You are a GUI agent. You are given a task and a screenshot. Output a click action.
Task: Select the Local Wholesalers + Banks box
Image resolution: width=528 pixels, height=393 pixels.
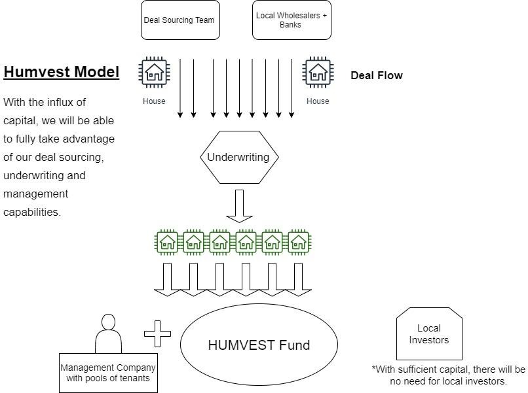tap(292, 20)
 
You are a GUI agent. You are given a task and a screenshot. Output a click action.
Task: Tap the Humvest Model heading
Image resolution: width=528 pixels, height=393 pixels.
tap(62, 72)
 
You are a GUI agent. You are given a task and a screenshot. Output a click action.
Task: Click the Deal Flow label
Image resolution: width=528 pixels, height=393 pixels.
tap(377, 75)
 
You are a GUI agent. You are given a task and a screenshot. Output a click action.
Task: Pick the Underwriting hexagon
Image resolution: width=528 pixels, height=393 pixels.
tap(238, 157)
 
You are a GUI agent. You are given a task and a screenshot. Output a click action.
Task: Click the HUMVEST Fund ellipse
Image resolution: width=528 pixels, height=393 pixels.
tap(259, 345)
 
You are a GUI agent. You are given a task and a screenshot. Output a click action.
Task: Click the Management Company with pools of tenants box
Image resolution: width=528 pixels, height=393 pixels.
tap(108, 373)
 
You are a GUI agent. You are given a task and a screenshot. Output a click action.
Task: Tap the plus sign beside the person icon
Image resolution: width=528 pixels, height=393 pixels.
tap(157, 333)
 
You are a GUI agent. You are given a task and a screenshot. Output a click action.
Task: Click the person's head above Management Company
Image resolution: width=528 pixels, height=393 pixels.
tap(108, 322)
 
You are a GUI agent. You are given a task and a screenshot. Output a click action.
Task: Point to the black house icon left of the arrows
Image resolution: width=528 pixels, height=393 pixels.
tap(154, 72)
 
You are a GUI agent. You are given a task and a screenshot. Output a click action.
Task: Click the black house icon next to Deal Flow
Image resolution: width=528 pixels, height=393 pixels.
tap(318, 72)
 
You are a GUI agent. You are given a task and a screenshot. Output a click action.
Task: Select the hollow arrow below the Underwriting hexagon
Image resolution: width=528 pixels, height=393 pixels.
tap(239, 205)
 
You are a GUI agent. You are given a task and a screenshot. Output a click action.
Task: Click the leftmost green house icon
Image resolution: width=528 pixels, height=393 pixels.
tap(167, 242)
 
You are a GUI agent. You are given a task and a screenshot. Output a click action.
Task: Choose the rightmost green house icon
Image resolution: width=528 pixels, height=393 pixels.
tap(299, 242)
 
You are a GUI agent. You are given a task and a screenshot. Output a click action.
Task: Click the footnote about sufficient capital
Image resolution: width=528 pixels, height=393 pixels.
tap(449, 375)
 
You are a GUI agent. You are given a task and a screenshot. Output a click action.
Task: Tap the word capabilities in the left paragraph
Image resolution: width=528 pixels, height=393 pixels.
tap(32, 213)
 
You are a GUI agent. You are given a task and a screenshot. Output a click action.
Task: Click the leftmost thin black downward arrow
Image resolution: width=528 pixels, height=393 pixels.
tap(180, 88)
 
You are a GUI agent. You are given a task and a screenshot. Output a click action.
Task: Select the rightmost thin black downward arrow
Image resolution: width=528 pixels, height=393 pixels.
tap(292, 88)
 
